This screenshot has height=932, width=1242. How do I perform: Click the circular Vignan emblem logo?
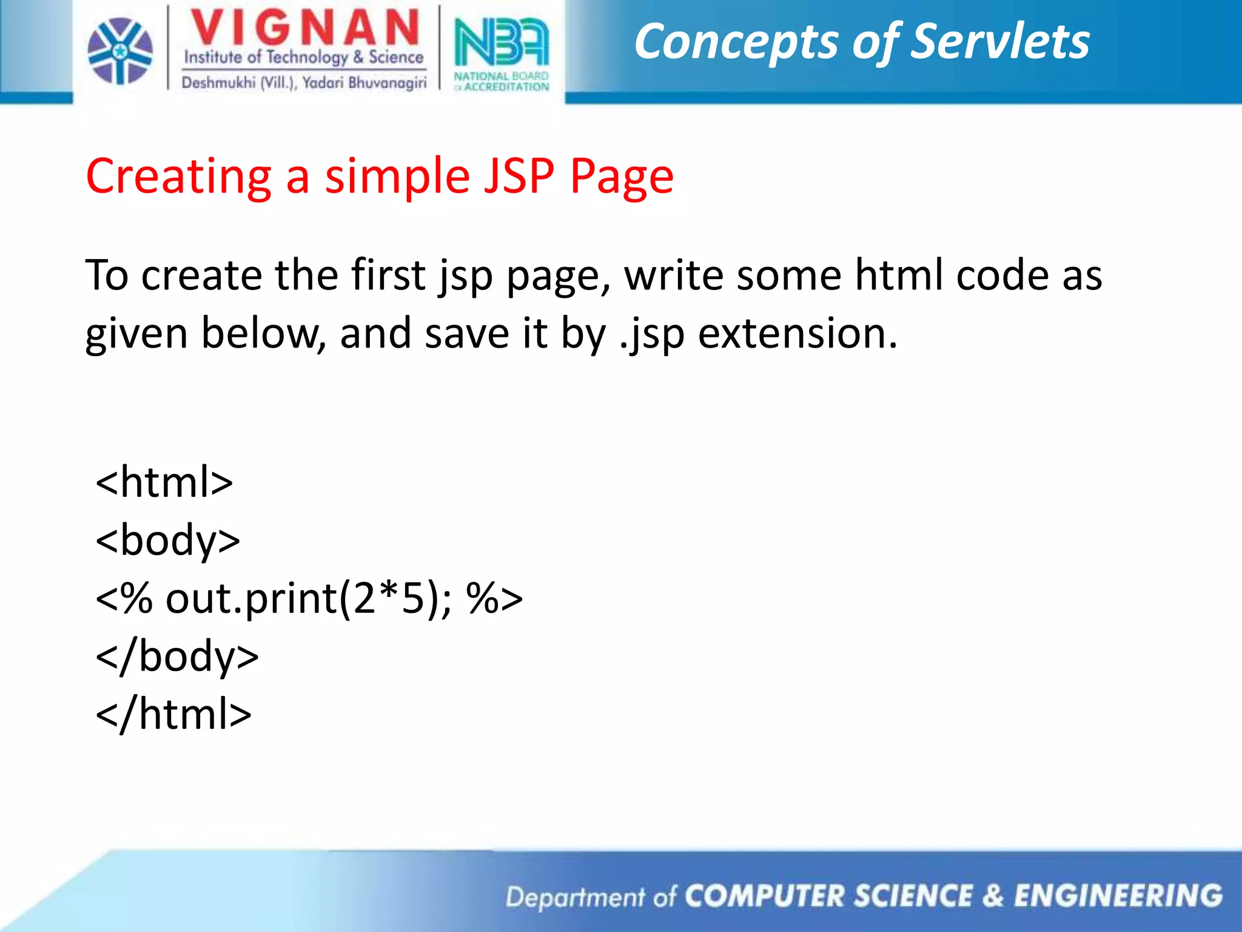point(120,51)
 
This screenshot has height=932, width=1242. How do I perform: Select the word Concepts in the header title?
point(735,42)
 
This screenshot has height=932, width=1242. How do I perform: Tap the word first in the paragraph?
point(388,275)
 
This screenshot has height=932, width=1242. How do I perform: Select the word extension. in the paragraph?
point(797,333)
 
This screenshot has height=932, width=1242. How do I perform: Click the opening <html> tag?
point(164,482)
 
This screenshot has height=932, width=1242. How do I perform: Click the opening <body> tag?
point(168,540)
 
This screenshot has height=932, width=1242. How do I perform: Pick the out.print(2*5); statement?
point(309,598)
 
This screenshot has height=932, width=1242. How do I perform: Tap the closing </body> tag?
point(177,657)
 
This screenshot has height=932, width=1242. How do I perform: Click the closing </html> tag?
point(173,714)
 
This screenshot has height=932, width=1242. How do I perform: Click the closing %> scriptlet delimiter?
point(494,598)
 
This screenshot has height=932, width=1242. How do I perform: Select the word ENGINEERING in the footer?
point(1118,896)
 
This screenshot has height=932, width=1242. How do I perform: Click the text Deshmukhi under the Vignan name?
point(218,83)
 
